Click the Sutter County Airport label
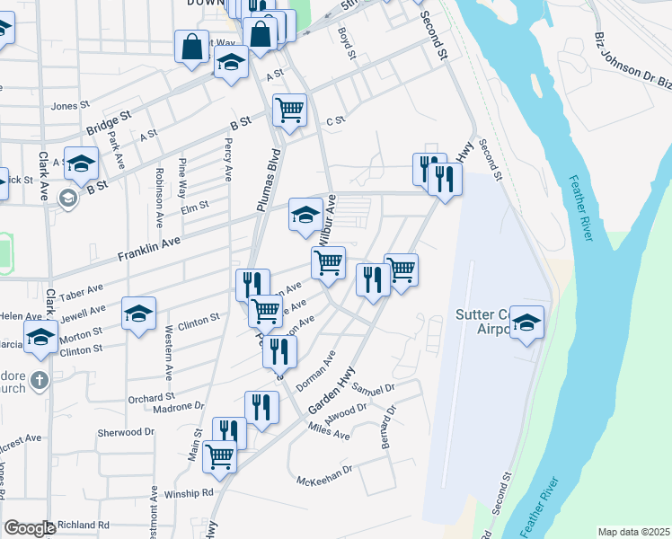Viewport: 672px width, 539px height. [485, 321]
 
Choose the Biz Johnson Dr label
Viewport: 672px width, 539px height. [629, 64]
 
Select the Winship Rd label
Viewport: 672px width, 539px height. [189, 493]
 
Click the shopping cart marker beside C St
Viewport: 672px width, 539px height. [289, 110]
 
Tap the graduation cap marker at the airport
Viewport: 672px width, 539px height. [527, 322]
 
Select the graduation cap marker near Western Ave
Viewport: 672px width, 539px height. [139, 314]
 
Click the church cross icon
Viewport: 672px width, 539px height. [39, 381]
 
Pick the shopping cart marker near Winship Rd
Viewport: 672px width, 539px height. [220, 456]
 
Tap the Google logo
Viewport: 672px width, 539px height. [29, 528]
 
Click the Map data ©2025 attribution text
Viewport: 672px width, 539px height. [633, 532]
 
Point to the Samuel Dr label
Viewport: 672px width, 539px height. [373, 388]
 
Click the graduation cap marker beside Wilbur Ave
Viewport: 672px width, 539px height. [305, 215]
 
